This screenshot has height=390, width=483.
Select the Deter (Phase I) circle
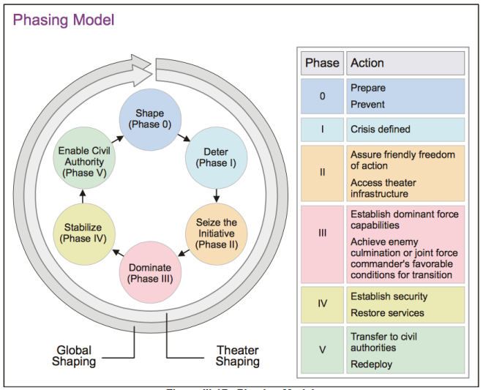217,158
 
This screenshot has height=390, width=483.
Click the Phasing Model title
64,20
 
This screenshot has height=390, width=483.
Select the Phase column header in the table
321,63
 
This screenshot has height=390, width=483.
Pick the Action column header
405,63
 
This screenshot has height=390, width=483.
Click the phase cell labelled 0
322,96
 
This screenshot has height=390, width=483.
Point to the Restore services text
387,313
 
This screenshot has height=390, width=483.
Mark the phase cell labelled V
322,348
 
